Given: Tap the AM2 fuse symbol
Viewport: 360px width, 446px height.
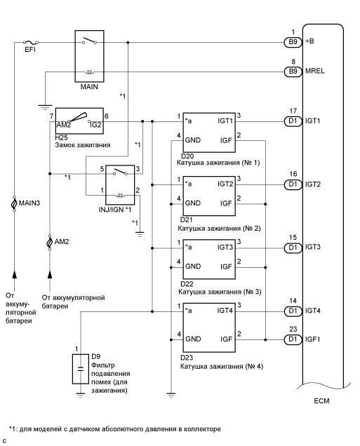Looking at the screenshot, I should [x=49, y=243].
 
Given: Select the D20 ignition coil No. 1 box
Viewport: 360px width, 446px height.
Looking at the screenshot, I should [x=209, y=130].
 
